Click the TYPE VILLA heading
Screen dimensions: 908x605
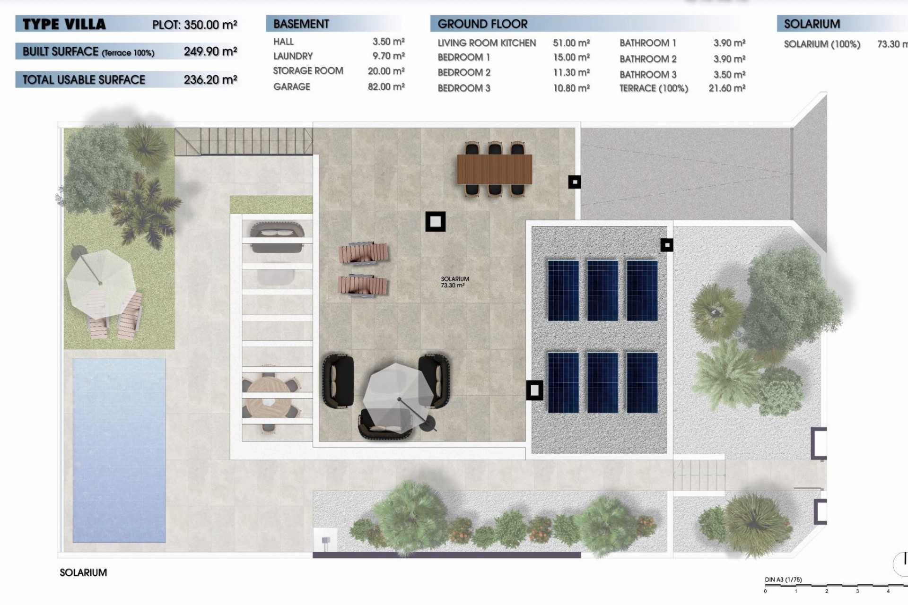pyautogui.click(x=64, y=24)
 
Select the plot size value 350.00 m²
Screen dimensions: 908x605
pyautogui.click(x=210, y=25)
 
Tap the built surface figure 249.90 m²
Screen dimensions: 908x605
pyautogui.click(x=210, y=52)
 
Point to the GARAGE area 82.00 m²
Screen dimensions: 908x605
pyautogui.click(x=386, y=87)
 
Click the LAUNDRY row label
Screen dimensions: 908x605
pyautogui.click(x=293, y=56)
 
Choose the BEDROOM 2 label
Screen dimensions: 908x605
pyautogui.click(x=463, y=73)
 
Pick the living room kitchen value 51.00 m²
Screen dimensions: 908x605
pyautogui.click(x=571, y=43)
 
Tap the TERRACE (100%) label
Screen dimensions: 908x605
pyautogui.click(x=653, y=88)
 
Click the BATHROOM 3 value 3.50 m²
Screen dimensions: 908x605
pyautogui.click(x=729, y=75)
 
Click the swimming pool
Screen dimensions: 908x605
pyautogui.click(x=119, y=449)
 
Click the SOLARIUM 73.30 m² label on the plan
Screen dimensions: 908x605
pyautogui.click(x=454, y=282)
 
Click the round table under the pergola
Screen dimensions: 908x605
pyautogui.click(x=267, y=401)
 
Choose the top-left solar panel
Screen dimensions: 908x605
pyautogui.click(x=563, y=290)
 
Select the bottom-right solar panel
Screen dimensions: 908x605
pyautogui.click(x=642, y=382)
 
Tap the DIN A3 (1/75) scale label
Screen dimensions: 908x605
pyautogui.click(x=783, y=580)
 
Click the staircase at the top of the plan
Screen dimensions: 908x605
pyautogui.click(x=244, y=141)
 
